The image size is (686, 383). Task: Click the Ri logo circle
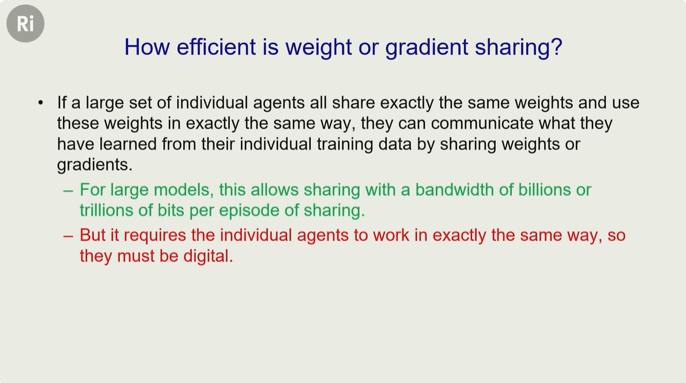(25, 24)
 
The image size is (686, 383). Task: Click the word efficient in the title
(216, 47)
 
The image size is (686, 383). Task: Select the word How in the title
(147, 47)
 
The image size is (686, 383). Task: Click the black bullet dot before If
(41, 103)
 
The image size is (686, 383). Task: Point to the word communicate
(482, 123)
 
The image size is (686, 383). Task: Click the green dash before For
(68, 191)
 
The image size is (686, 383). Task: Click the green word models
(184, 190)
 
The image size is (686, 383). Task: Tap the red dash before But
(68, 236)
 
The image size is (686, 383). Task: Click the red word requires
(155, 235)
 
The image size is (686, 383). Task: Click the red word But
(93, 235)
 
